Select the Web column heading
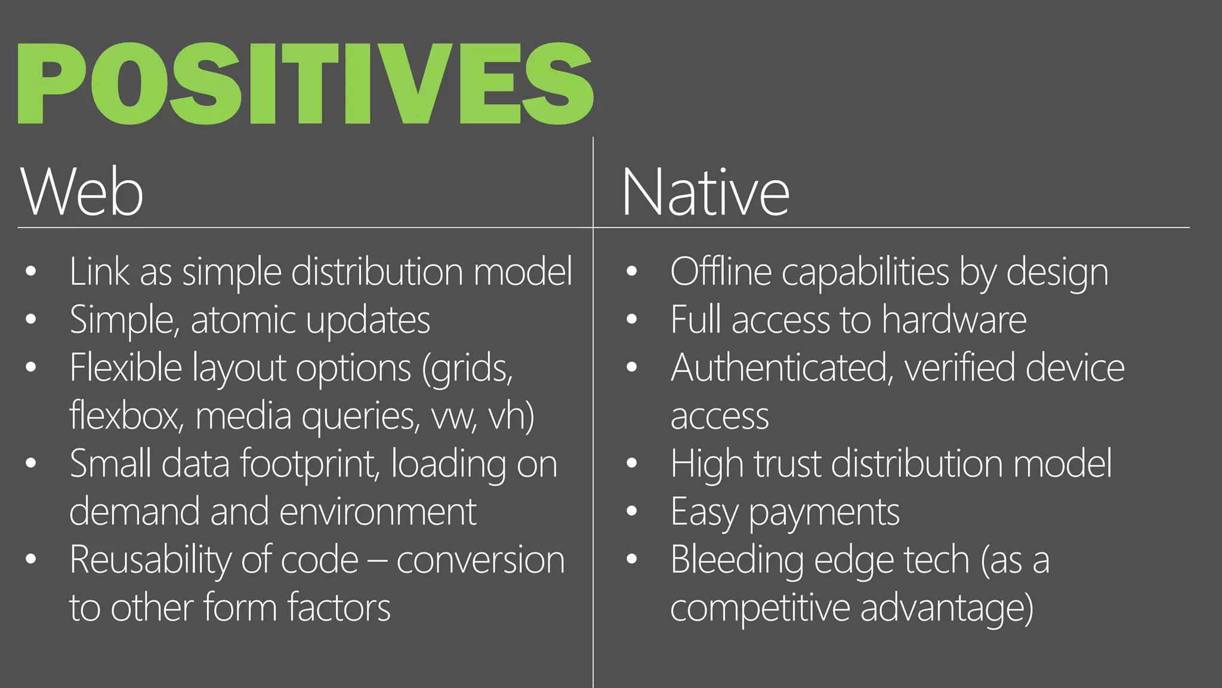(x=82, y=192)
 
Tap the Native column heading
(x=705, y=192)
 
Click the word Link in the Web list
(x=99, y=272)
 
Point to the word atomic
(x=243, y=320)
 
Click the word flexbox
(x=126, y=416)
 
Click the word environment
(x=378, y=512)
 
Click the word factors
(x=339, y=608)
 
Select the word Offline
(x=720, y=272)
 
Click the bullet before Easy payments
(x=632, y=511)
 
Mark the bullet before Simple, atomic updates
(x=31, y=320)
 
